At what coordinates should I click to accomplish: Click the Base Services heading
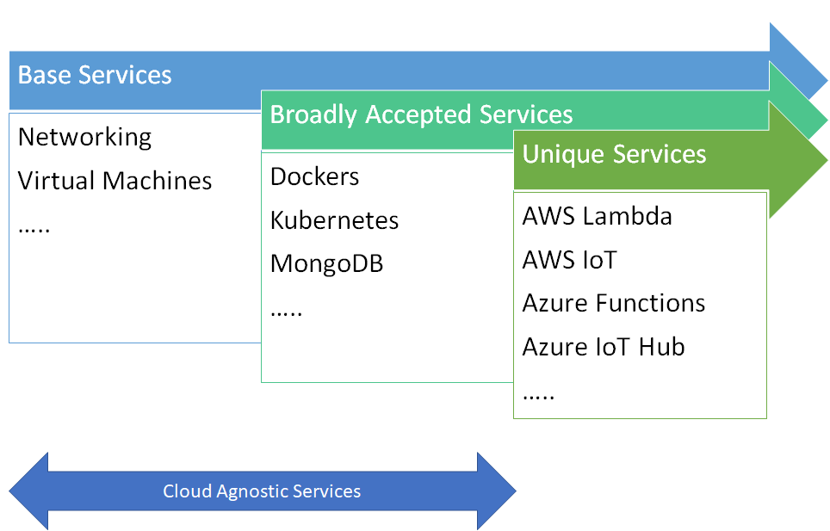point(95,75)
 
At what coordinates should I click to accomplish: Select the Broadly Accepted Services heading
point(421,114)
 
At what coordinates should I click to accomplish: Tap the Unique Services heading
point(614,154)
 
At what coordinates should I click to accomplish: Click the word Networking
point(84,137)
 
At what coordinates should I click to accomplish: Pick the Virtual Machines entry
point(115,181)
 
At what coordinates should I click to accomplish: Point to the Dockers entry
point(314,176)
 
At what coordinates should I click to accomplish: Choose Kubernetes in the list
point(334,220)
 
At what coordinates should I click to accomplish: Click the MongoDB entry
point(326,263)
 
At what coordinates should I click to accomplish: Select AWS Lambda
point(597,216)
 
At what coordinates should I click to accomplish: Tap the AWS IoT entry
point(569,260)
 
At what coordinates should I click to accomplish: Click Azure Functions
point(613,304)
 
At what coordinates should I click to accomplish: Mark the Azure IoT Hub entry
point(603,348)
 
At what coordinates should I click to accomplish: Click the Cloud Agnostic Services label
point(262,492)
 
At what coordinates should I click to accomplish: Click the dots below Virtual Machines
point(34,229)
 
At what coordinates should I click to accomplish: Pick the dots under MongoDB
point(286,312)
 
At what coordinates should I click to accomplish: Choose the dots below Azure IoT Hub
point(538,396)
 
